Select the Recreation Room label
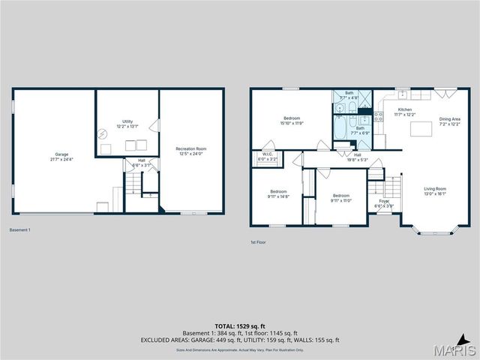pyautogui.click(x=190, y=148)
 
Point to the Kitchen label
pyautogui.click(x=405, y=109)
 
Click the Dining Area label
pyautogui.click(x=450, y=118)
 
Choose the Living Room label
pyautogui.click(x=435, y=188)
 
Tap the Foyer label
pyautogui.click(x=384, y=201)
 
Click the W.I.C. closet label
pyautogui.click(x=268, y=154)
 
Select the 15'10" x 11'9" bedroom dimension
pyautogui.click(x=292, y=123)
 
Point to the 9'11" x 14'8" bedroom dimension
pyautogui.click(x=277, y=196)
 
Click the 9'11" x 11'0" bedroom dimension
pyautogui.click(x=341, y=200)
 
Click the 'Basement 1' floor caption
pyautogui.click(x=19, y=229)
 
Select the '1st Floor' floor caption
pyautogui.click(x=259, y=242)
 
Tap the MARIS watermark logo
pyautogui.click(x=453, y=350)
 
